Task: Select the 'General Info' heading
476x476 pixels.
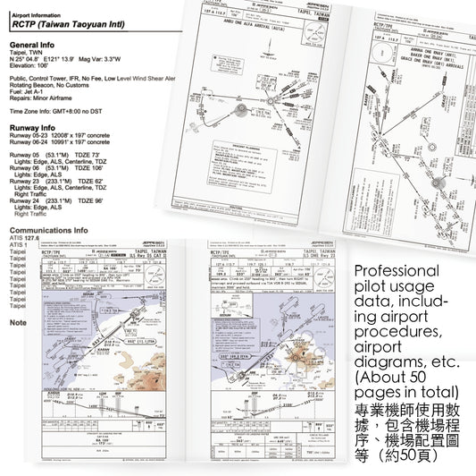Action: coord(37,45)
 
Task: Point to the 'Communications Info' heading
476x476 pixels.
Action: coord(49,230)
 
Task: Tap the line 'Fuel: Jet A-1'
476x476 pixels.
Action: coord(29,91)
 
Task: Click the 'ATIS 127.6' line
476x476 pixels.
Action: coord(26,238)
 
